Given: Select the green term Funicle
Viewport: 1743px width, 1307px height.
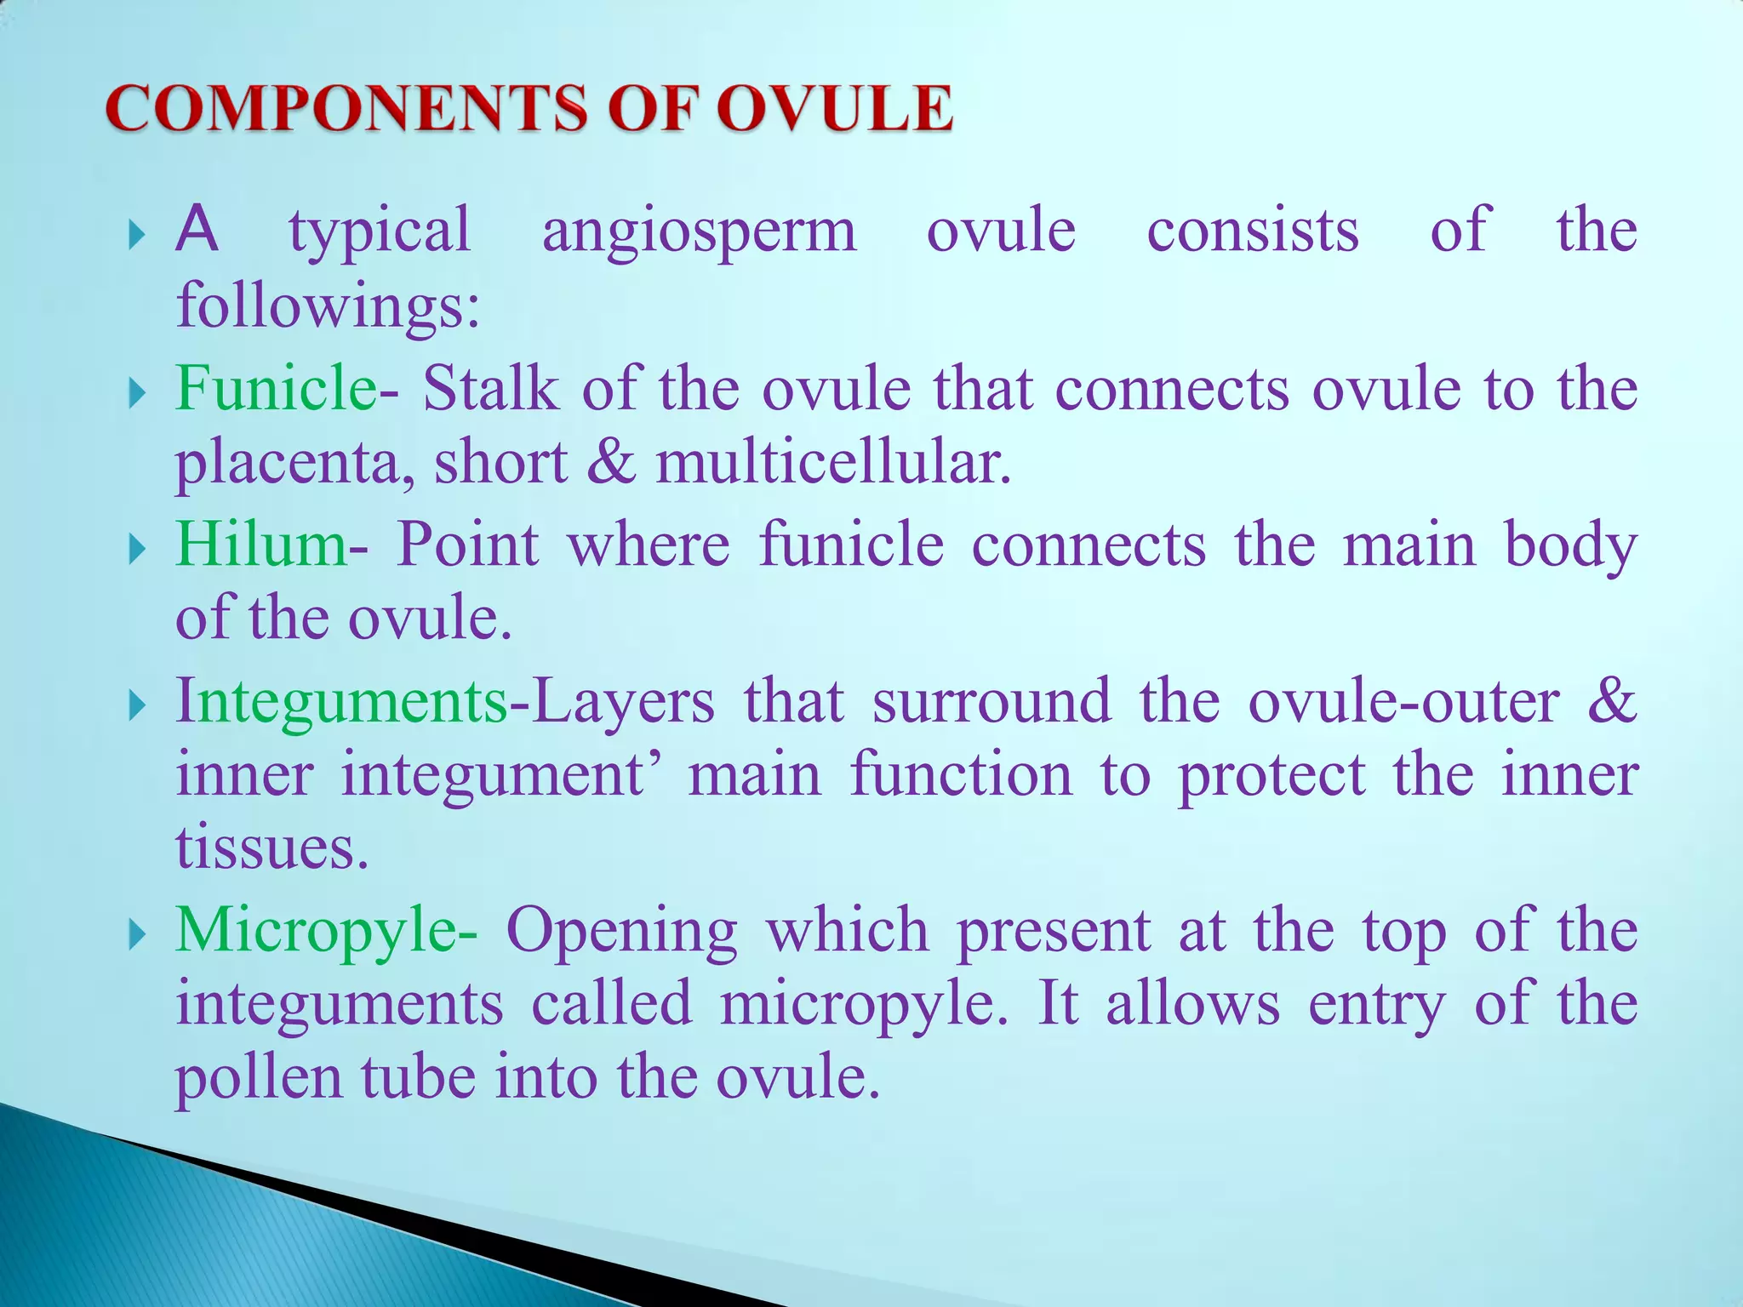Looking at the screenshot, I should (x=275, y=388).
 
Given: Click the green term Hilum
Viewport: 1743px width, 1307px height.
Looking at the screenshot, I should (x=260, y=545).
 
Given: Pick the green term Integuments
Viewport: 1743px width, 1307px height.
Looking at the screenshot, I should (x=340, y=703).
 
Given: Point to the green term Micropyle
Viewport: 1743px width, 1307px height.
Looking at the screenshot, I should (x=316, y=931).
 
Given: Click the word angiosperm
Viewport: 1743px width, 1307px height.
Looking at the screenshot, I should (x=699, y=231).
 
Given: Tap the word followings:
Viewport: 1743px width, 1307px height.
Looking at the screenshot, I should (x=328, y=306).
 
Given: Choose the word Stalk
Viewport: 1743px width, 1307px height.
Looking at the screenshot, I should (x=491, y=388).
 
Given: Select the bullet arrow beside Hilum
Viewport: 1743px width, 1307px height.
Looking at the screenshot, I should (x=137, y=549).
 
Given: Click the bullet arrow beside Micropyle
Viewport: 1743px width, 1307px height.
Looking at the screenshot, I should (x=137, y=936).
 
